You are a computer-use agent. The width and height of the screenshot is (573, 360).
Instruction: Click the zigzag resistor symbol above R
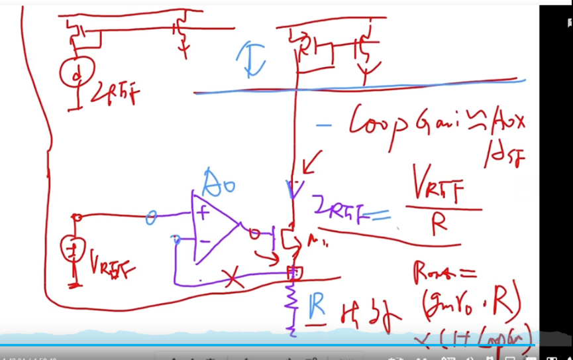pyautogui.click(x=291, y=302)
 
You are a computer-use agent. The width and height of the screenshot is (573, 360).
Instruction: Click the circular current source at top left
pyautogui.click(x=77, y=74)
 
